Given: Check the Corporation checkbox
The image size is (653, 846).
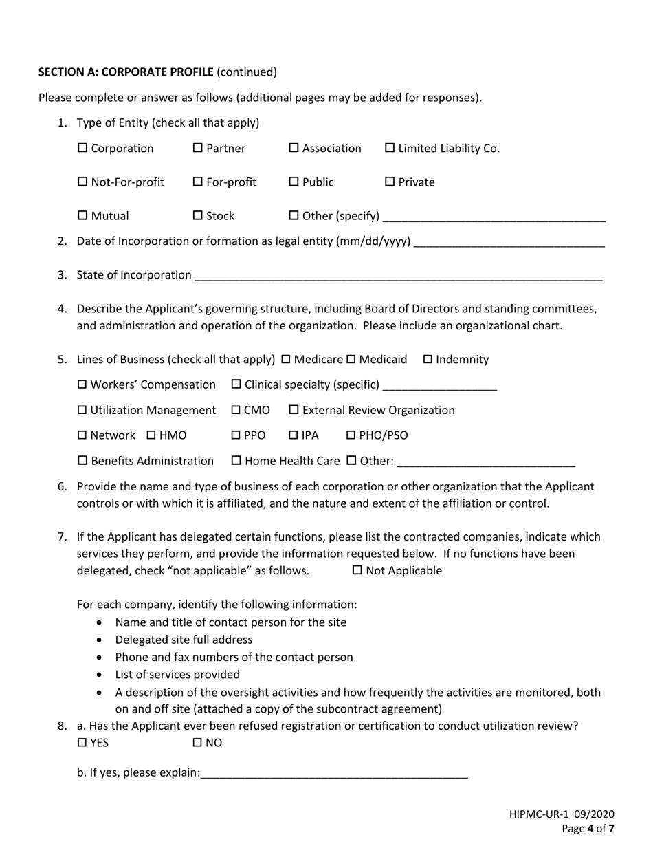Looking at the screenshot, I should click(x=82, y=149).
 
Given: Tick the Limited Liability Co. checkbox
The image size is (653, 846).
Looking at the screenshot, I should click(x=390, y=149).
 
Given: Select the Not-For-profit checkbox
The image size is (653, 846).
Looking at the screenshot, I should click(x=82, y=182).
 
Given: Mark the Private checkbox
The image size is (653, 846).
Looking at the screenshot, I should click(x=390, y=182).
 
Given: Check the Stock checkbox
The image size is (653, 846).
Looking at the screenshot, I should click(x=198, y=216).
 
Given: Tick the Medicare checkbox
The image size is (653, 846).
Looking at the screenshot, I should click(x=287, y=360).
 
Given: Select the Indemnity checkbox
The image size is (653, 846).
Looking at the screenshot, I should click(x=428, y=360).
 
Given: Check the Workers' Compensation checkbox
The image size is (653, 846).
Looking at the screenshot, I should click(x=82, y=384).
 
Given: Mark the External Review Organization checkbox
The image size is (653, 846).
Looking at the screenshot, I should click(x=294, y=411).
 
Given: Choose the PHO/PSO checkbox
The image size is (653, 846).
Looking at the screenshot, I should click(x=351, y=435).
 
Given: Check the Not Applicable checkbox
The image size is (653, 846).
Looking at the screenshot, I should click(x=357, y=571).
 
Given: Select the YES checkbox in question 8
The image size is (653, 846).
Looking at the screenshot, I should click(x=82, y=743).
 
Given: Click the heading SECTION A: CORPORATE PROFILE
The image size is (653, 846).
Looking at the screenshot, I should click(x=126, y=72).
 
